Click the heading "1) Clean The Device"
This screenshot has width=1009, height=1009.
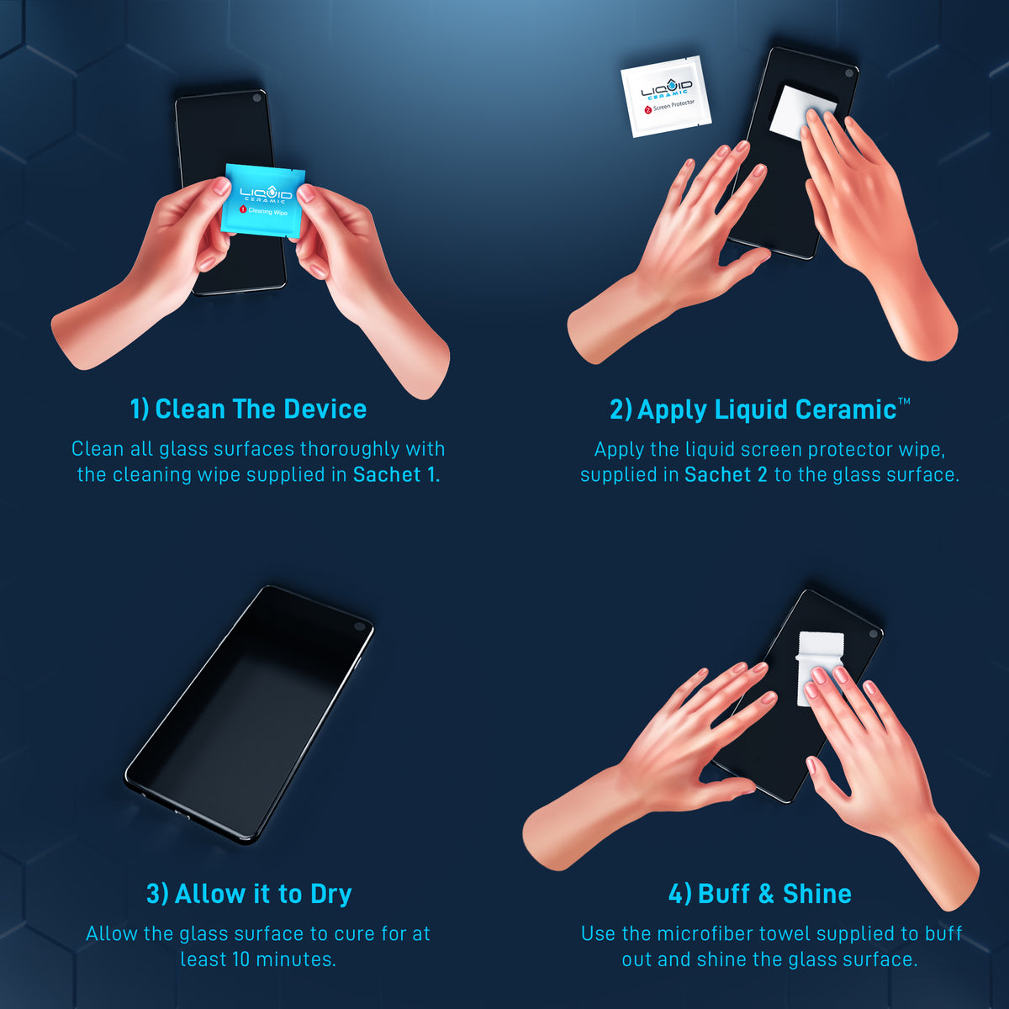point(248,409)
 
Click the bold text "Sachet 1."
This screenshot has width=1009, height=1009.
point(396,475)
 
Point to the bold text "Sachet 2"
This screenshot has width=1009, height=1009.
point(726,475)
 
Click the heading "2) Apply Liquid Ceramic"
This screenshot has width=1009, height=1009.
point(753,410)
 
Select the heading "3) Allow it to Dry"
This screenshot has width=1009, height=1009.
point(249,894)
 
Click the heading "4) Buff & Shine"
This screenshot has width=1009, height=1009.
point(759,894)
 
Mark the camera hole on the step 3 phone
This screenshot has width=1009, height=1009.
point(360,626)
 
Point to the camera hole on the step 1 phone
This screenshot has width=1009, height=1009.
point(256,98)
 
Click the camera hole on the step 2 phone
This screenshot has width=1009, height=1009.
point(849,74)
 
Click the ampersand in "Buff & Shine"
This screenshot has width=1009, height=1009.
point(765,894)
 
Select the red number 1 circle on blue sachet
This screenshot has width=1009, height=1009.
point(243,210)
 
